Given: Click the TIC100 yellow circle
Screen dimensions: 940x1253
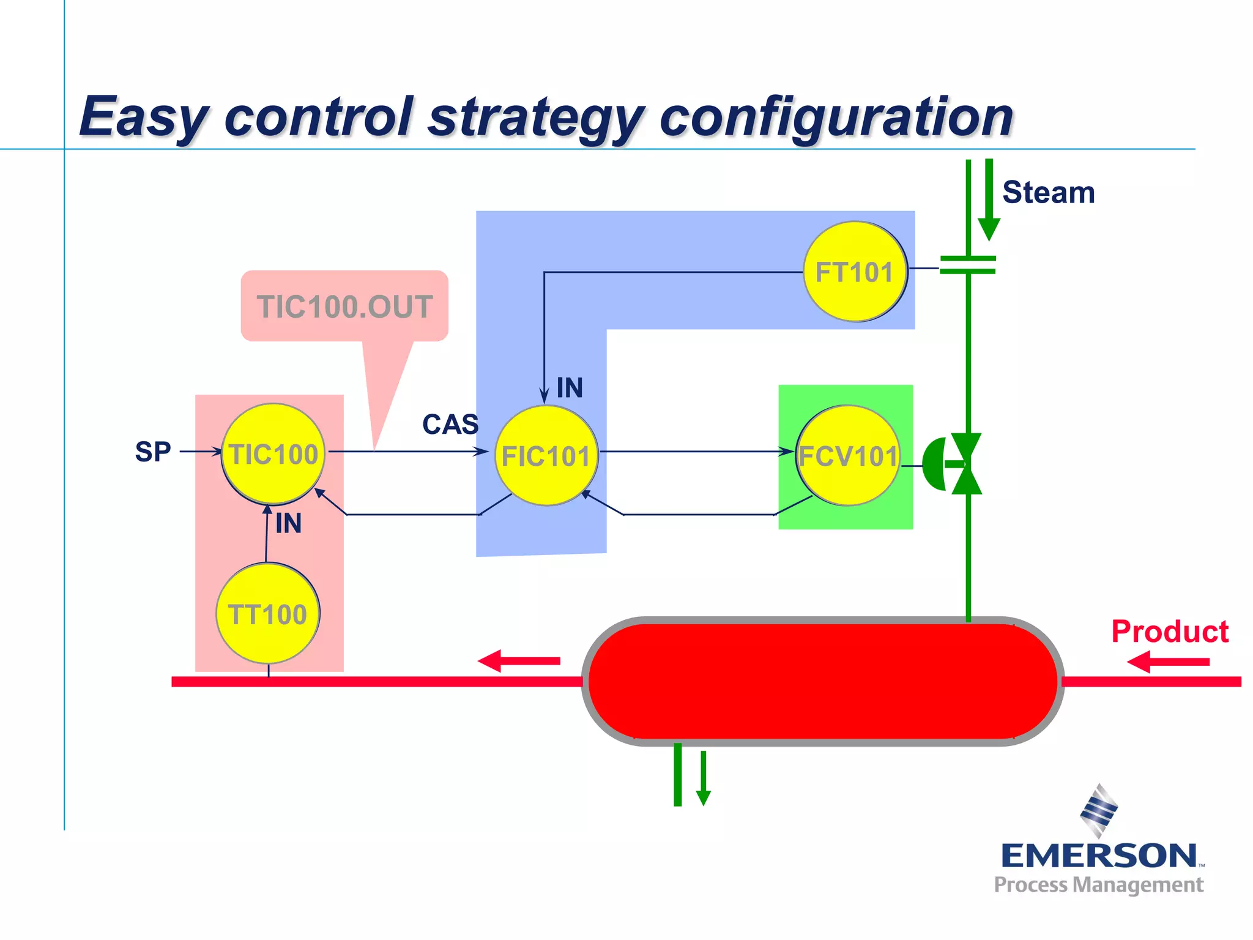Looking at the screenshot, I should point(273,454).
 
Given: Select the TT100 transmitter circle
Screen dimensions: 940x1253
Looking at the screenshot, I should point(268,614).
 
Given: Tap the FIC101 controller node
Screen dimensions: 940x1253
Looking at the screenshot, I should point(546,456).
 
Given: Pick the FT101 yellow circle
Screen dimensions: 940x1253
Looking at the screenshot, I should point(855,272).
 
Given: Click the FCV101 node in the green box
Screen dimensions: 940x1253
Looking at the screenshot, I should point(848,456).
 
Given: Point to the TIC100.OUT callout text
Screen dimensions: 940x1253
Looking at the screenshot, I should point(344,307).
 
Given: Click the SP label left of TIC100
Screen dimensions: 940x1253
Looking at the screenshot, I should point(152,452).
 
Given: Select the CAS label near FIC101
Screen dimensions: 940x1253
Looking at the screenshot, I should point(450,424).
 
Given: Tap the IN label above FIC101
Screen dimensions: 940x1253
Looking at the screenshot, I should point(569,388).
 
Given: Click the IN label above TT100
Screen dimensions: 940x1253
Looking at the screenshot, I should point(288,524).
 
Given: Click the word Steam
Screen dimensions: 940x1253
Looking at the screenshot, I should point(1048,193).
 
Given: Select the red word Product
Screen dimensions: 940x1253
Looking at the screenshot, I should point(1169,632).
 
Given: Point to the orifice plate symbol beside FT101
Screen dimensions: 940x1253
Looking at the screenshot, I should point(967,265).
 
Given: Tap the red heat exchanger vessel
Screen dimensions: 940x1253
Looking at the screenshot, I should point(822,681).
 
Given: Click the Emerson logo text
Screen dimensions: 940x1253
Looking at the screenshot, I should point(1098,856).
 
